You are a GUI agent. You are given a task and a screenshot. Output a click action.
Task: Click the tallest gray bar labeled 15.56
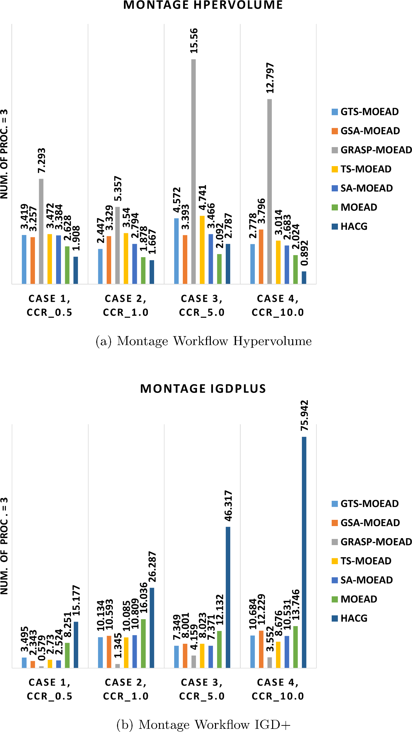coord(194,171)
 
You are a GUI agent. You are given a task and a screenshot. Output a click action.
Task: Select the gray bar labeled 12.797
coord(270,191)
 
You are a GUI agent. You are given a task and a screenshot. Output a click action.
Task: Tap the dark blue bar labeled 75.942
coord(304,552)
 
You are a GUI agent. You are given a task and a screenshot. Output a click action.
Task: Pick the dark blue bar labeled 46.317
coord(228,597)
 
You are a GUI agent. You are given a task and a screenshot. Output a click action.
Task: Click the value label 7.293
coord(42,161)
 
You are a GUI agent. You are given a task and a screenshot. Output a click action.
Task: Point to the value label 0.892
coord(304,253)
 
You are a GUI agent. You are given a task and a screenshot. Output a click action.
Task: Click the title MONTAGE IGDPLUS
coord(203,389)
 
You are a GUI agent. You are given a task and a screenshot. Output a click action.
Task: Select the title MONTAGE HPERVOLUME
coord(203,5)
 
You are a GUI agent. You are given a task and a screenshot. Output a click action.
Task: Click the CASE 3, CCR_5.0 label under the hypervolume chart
coord(202,305)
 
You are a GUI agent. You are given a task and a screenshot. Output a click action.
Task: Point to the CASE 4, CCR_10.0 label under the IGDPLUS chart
coord(278,689)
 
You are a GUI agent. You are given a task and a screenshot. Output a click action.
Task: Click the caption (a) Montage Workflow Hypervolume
coord(204,341)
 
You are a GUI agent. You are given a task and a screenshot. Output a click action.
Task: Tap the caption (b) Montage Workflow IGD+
coord(204,724)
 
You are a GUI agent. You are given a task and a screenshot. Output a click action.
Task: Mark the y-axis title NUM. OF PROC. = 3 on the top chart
coord(4,154)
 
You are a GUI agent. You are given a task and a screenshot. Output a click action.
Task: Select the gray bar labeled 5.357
coord(117,245)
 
